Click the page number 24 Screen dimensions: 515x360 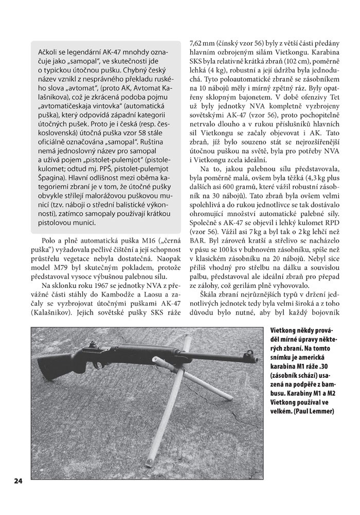(x=18, y=481)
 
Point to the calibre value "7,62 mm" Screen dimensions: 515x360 (x=202, y=44)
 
